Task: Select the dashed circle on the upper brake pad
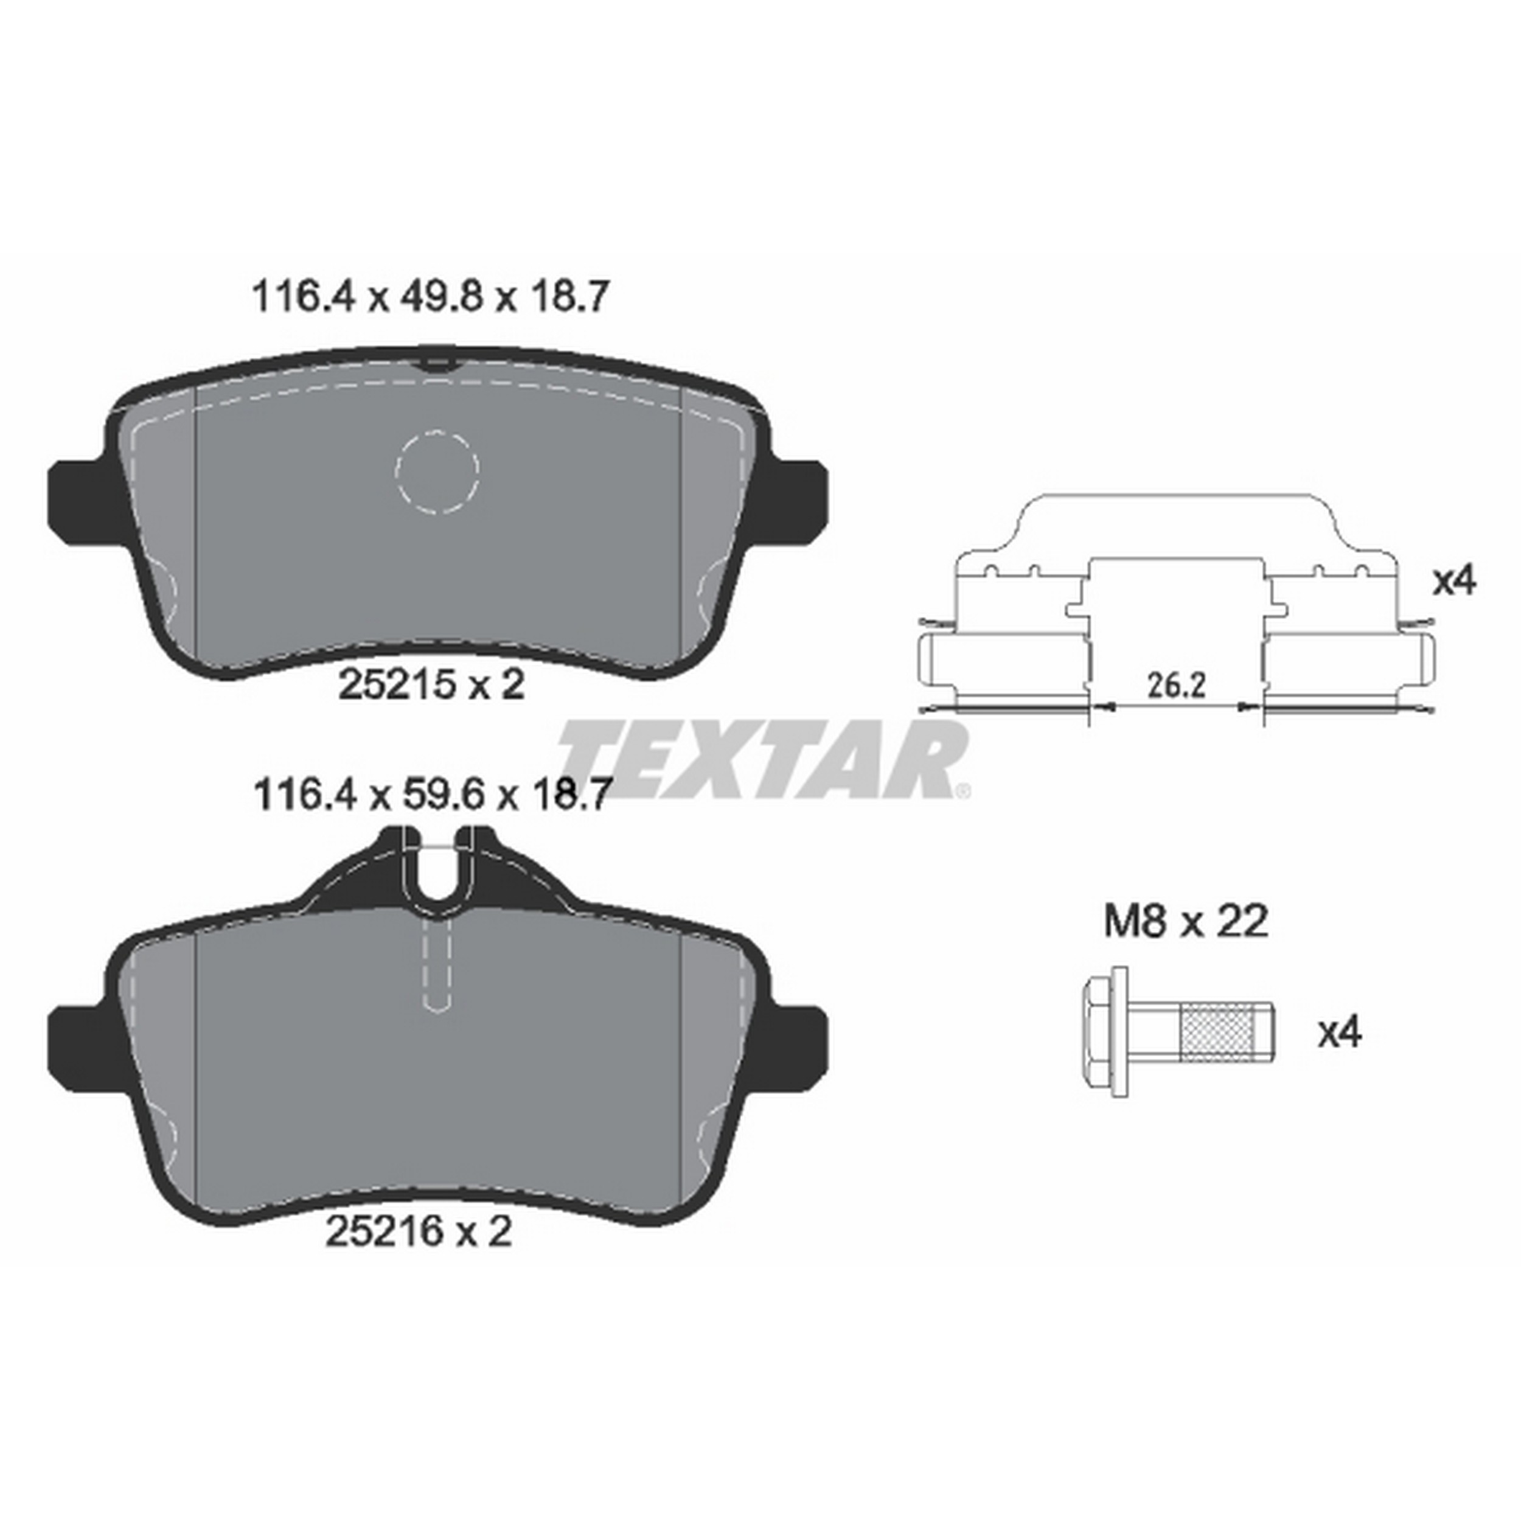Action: click(437, 472)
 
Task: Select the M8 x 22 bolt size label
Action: click(1186, 921)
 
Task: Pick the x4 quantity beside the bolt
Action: click(1340, 1033)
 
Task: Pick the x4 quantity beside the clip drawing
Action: click(1453, 582)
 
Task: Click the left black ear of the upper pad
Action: click(77, 501)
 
